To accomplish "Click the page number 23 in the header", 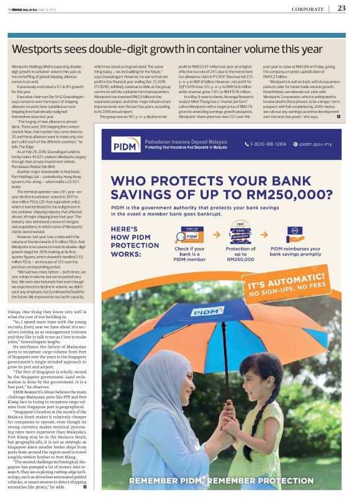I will (341, 8).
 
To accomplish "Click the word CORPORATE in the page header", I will (305, 8).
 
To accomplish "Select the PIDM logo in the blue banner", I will (124, 145).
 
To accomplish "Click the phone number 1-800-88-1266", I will (269, 145).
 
